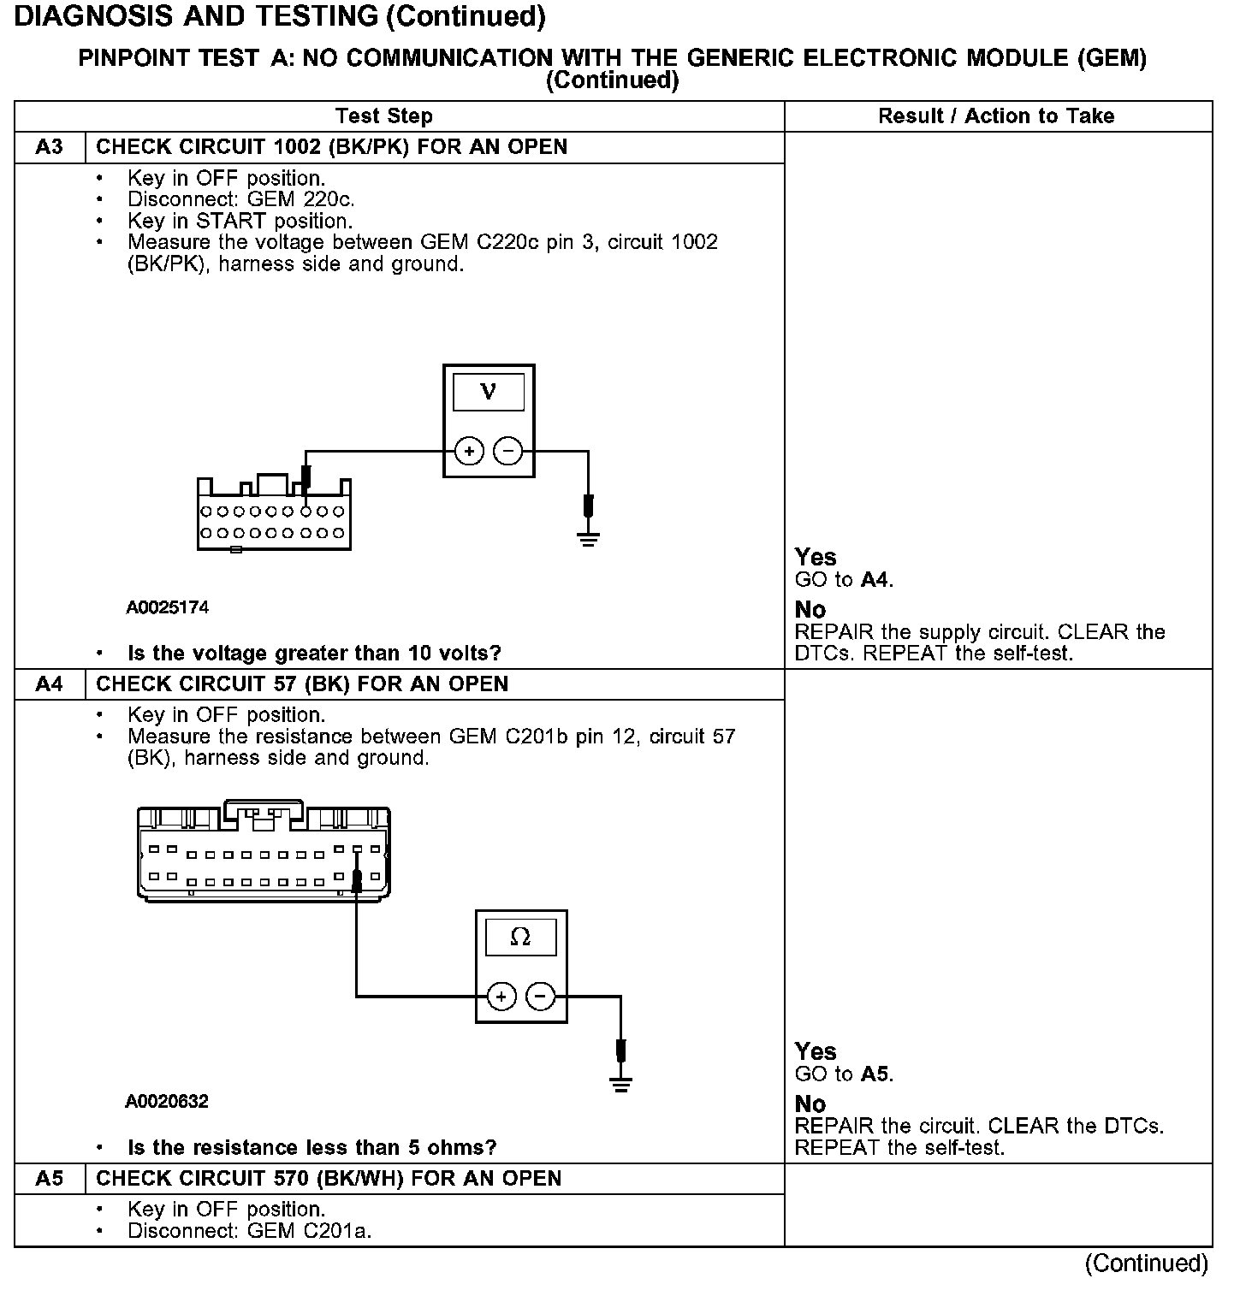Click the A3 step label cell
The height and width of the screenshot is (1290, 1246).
pos(50,147)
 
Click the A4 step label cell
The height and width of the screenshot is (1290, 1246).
pos(50,684)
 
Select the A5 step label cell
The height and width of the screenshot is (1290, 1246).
pos(50,1179)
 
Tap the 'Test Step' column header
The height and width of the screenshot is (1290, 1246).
pos(384,116)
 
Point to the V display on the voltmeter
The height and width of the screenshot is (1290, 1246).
pos(489,392)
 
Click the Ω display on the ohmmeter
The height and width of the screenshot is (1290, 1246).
pos(520,938)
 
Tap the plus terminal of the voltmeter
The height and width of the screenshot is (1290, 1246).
pos(469,451)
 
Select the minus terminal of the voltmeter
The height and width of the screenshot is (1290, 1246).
pos(508,451)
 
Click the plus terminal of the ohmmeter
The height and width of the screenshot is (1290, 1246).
pos(501,997)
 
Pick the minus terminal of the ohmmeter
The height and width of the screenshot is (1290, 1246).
pos(540,997)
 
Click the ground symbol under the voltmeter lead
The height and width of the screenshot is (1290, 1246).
pos(588,539)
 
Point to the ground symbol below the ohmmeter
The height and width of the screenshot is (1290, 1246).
pos(620,1085)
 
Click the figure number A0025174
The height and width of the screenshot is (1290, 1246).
pos(168,608)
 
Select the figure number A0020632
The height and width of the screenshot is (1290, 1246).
pos(167,1102)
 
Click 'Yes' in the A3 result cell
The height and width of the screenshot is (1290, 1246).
pos(816,558)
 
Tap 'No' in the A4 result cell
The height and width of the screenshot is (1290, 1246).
pos(810,1104)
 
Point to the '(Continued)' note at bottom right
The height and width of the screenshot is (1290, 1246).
pos(1147,1263)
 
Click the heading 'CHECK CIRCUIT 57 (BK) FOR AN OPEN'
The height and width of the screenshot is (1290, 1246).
pos(302,684)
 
